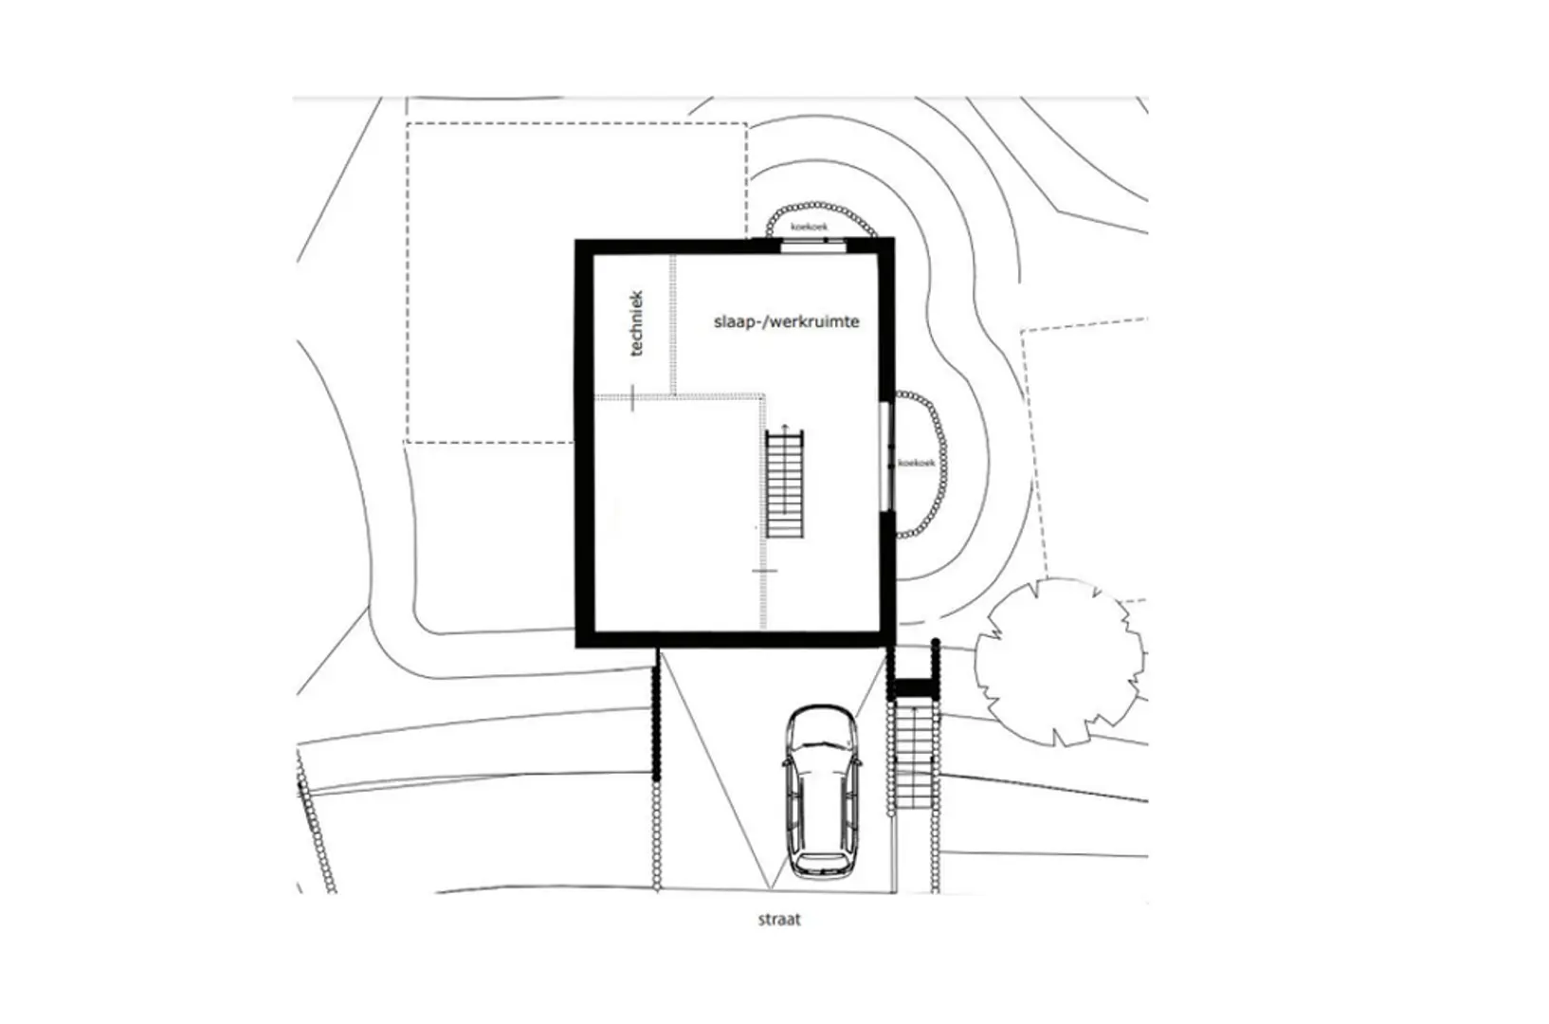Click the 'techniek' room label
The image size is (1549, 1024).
tap(637, 323)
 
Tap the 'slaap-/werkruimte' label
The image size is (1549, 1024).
tap(786, 322)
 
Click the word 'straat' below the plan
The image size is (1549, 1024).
tap(779, 920)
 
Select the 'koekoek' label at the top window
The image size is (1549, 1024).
tap(809, 226)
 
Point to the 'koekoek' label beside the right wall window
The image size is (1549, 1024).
tap(917, 463)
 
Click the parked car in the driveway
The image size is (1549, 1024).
tap(822, 791)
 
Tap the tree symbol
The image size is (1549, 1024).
tap(1060, 663)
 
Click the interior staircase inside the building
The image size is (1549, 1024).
tap(785, 484)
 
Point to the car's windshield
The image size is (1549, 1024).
tap(822, 749)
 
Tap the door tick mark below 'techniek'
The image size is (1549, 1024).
tap(632, 397)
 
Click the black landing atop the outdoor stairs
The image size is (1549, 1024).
tap(914, 688)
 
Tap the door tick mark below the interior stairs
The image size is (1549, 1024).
tap(764, 571)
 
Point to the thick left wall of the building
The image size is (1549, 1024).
tap(585, 443)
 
